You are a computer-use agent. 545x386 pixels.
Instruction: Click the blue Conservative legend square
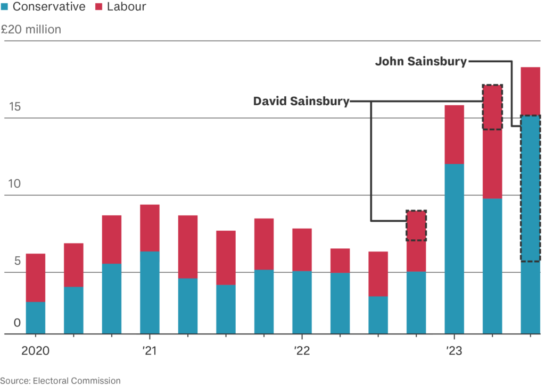point(5,7)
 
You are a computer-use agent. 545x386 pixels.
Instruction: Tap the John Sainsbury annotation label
point(420,62)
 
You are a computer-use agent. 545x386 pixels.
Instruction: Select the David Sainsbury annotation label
point(301,101)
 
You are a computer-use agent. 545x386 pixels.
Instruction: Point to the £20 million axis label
point(31,29)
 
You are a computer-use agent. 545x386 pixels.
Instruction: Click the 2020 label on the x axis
point(35,351)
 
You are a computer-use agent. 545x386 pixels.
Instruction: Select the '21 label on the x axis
point(150,351)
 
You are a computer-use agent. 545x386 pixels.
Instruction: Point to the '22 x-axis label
point(302,351)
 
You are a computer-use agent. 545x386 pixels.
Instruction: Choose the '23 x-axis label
point(454,351)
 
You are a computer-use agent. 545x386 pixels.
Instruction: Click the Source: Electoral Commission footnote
point(60,380)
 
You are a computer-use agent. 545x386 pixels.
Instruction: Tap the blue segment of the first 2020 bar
point(36,317)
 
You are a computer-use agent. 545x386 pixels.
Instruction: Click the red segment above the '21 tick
point(150,228)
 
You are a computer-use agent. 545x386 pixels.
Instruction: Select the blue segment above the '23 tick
point(454,249)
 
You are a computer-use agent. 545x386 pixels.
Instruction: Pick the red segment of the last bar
point(531,91)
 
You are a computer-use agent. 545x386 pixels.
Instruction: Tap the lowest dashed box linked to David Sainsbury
point(416,225)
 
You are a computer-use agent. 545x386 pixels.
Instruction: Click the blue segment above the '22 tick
point(302,302)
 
